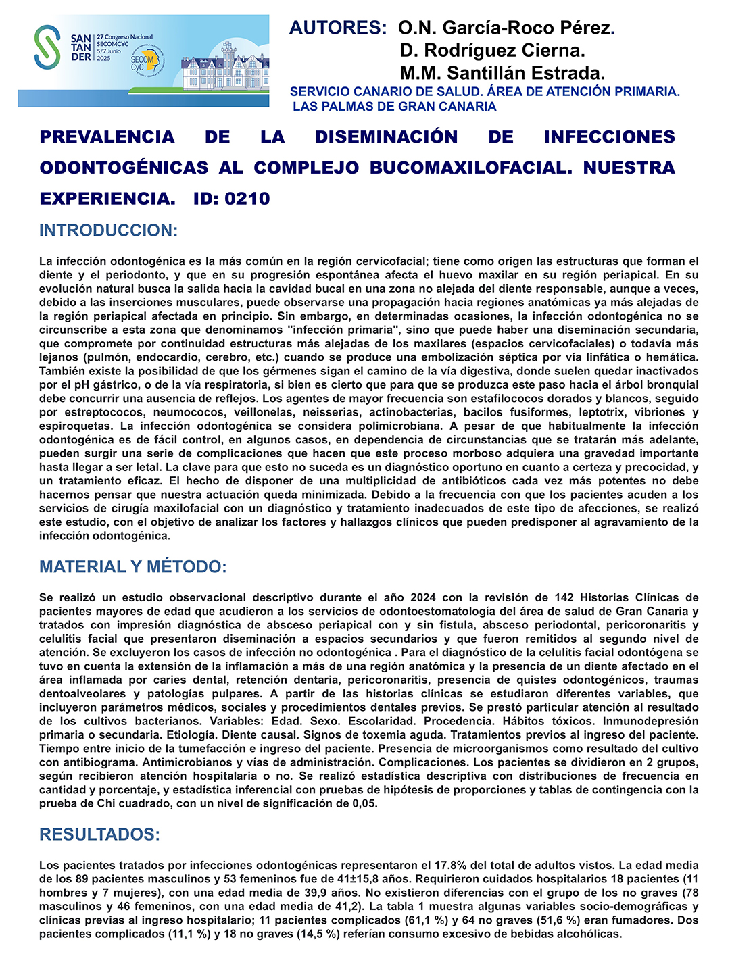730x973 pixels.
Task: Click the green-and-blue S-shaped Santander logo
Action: (47, 47)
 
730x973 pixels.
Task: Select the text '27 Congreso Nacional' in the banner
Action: (125, 37)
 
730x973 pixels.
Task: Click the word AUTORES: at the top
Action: (337, 28)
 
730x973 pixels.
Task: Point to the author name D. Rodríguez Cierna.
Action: (492, 51)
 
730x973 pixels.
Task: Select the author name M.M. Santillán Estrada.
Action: (502, 73)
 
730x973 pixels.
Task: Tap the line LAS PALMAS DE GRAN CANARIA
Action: (395, 107)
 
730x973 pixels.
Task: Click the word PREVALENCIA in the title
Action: (107, 137)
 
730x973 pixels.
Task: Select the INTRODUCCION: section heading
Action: (108, 230)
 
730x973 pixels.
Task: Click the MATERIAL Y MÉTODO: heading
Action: (132, 566)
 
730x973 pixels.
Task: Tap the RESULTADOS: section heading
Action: (99, 834)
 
